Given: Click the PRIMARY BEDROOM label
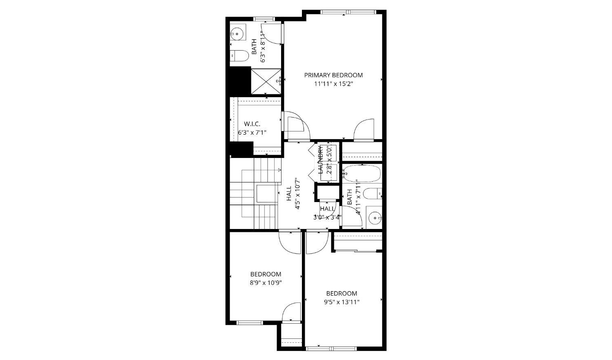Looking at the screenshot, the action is click(333, 75).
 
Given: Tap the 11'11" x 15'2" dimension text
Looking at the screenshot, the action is click(333, 84).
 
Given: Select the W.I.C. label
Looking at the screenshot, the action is click(252, 124).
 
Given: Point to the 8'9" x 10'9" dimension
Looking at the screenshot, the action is click(266, 283).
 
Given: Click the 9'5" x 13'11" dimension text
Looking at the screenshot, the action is click(341, 302).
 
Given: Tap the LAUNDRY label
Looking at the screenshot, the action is click(321, 160).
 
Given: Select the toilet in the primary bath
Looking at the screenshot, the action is click(239, 56).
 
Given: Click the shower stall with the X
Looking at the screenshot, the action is click(266, 82).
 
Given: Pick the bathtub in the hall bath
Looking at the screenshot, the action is click(361, 173).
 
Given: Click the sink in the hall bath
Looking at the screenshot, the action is click(375, 218).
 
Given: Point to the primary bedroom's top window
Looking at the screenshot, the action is click(348, 12).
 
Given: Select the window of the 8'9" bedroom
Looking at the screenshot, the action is click(250, 323).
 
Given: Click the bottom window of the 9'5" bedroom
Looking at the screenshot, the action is click(331, 349).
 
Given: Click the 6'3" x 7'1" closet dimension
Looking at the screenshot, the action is click(252, 133).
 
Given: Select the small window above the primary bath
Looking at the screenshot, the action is click(264, 19).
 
